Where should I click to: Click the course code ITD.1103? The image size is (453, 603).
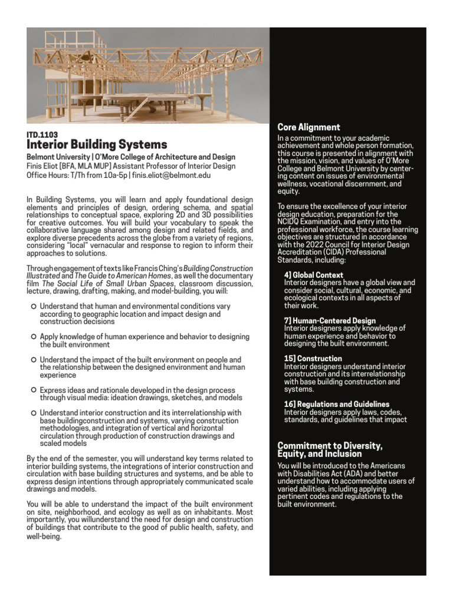point(42,134)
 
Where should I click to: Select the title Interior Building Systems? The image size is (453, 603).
point(97,145)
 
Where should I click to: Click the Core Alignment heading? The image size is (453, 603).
point(308,127)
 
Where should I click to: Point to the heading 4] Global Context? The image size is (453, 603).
point(313,275)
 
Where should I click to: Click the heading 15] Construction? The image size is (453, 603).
point(313,359)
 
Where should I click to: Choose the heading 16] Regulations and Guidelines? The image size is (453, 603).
point(336,405)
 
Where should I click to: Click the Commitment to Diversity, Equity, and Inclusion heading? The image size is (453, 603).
point(330,449)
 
